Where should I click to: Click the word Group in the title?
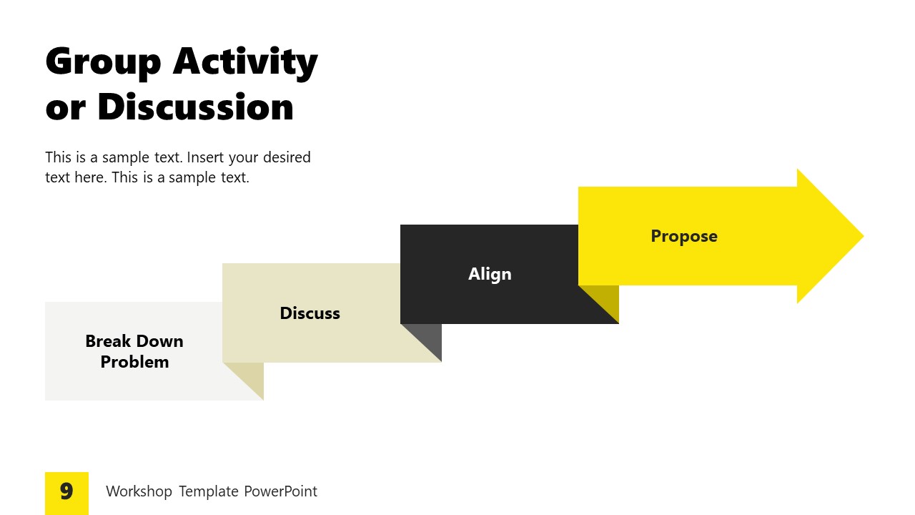point(103,62)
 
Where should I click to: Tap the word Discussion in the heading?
point(195,107)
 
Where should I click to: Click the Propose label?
point(683,236)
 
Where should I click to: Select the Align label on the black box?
point(490,274)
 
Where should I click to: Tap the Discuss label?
point(310,313)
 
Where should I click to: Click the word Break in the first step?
point(109,341)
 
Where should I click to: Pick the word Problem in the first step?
point(134,362)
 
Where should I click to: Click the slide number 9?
point(66,492)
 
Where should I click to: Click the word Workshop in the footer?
point(139,491)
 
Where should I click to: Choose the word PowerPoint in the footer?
point(280,491)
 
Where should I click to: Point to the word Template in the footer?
point(208,491)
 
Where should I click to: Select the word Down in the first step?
point(159,341)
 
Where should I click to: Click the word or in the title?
point(65,107)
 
